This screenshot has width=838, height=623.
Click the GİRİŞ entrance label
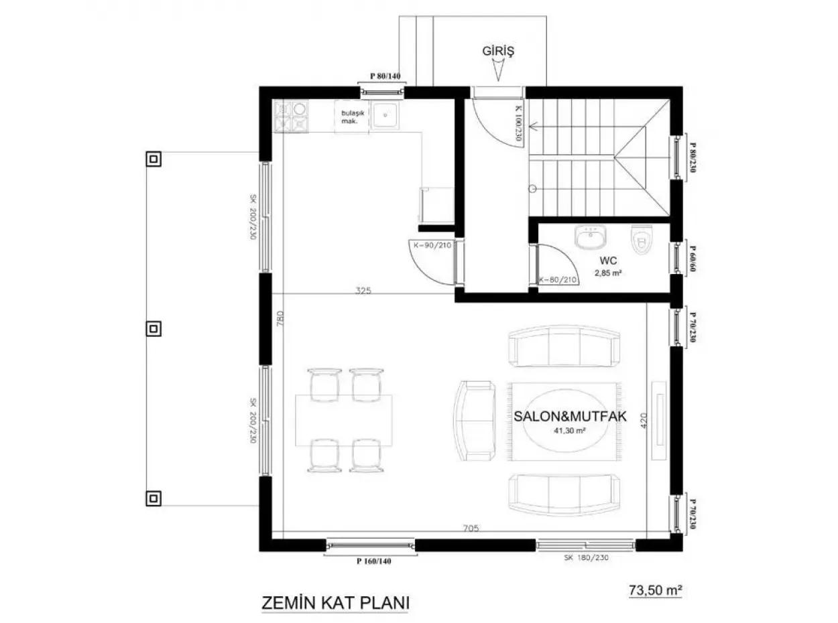tap(497, 50)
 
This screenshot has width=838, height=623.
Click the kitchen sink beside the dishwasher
tap(385, 116)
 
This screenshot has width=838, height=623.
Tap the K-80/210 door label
tap(558, 279)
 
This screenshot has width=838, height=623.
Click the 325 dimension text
tap(363, 291)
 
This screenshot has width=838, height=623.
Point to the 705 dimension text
tap(471, 528)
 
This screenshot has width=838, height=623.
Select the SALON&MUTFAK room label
tap(570, 416)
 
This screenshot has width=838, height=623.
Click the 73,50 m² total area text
tap(655, 590)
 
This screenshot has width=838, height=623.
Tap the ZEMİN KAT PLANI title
tap(335, 602)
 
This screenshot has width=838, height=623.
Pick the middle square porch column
tap(154, 328)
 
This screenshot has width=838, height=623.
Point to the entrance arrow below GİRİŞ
tap(498, 70)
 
